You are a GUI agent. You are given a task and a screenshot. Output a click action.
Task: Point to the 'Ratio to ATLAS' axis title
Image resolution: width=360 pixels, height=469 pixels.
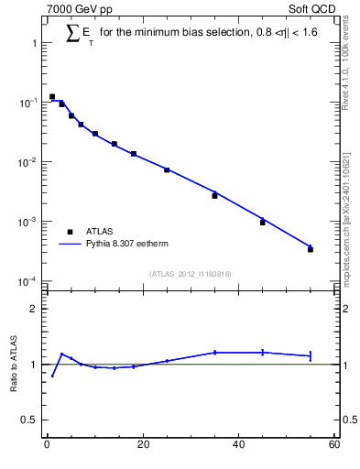[13, 365]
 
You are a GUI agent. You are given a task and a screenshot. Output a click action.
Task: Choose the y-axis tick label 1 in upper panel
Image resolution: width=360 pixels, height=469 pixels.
[33, 43]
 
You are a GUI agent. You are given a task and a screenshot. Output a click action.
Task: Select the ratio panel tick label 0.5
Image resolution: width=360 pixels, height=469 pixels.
[29, 420]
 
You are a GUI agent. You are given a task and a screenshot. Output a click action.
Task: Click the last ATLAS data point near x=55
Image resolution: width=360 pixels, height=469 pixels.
[311, 249]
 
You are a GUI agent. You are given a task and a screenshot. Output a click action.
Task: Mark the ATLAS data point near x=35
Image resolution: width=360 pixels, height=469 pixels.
[215, 195]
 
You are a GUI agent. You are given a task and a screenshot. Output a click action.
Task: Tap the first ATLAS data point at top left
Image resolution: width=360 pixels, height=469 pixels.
[52, 96]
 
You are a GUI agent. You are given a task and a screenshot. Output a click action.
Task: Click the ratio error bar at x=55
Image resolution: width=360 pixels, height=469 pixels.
[311, 355]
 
